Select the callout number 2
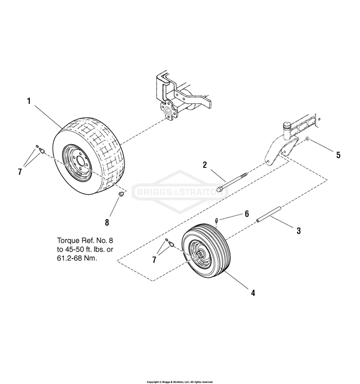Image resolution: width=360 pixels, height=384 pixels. [x=204, y=165]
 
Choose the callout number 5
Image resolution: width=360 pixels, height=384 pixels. [x=338, y=155]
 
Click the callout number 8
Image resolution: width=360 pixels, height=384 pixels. [x=108, y=222]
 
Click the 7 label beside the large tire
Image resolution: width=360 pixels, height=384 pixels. [x=20, y=171]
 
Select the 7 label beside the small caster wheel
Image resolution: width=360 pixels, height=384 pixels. [x=154, y=260]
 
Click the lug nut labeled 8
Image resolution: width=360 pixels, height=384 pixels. [x=121, y=194]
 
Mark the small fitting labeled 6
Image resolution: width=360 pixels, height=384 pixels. [x=217, y=221]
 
